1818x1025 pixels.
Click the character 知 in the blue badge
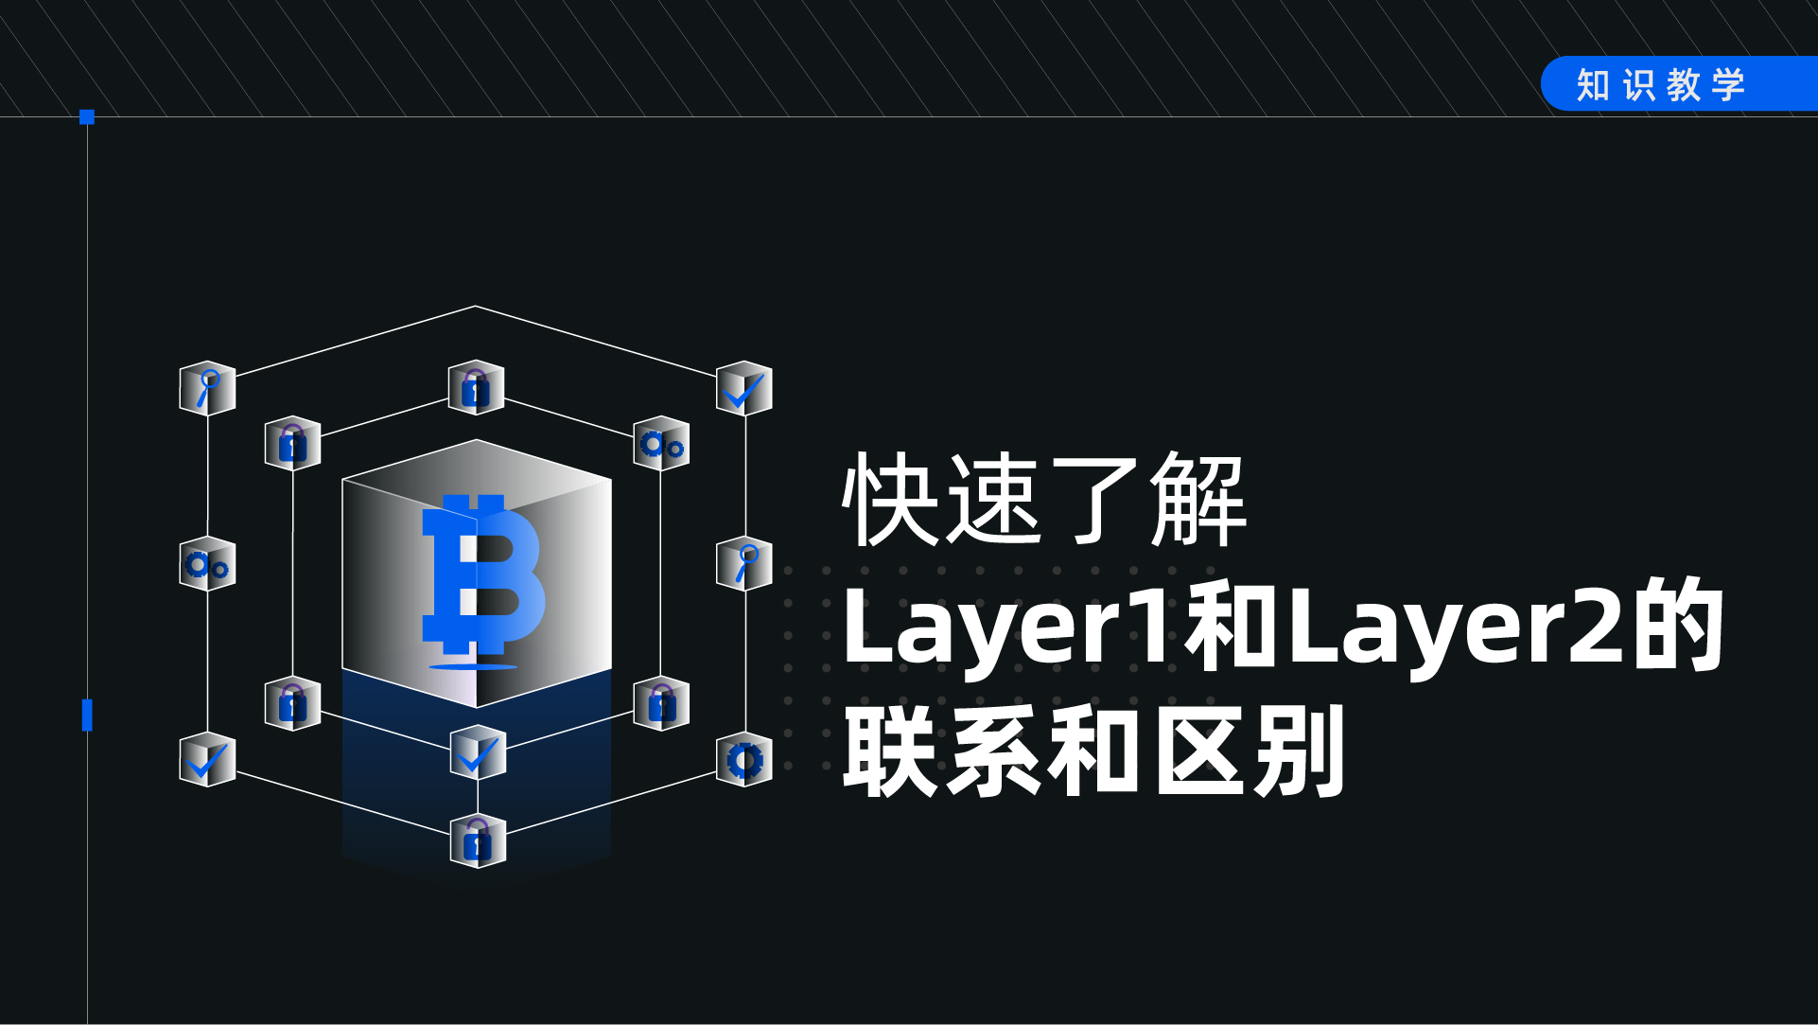point(1593,85)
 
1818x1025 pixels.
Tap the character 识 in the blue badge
point(1639,85)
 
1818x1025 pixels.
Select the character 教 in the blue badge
point(1684,85)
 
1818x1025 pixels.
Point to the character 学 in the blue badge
point(1728,85)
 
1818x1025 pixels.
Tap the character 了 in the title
point(1096,500)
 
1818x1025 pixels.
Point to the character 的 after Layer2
point(1678,625)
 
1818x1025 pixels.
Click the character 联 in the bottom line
point(892,751)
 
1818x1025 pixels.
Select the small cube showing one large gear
point(744,760)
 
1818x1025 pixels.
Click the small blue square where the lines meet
point(87,117)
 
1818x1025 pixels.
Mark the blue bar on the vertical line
point(87,716)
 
